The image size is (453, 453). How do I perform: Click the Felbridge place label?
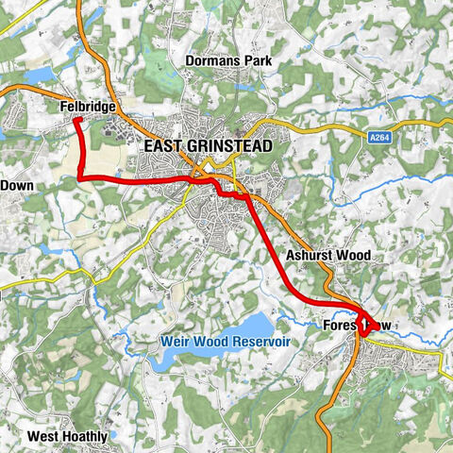click(x=88, y=108)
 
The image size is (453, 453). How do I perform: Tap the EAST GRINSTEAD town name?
click(x=208, y=146)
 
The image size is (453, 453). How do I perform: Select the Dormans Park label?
click(x=229, y=61)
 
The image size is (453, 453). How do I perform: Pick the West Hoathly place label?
click(x=67, y=436)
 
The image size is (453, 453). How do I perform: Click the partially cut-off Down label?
click(x=17, y=186)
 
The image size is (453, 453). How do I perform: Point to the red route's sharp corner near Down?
click(x=80, y=176)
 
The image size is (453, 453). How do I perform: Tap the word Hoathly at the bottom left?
click(x=85, y=436)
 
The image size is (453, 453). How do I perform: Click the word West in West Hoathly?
click(x=42, y=436)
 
